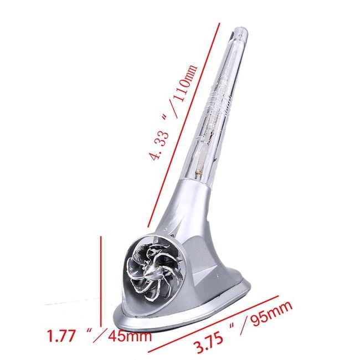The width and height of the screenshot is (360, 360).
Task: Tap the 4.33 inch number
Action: pos(159,146)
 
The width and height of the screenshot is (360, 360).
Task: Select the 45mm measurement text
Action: pos(130,336)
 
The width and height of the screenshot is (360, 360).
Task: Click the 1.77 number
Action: pos(61,336)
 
